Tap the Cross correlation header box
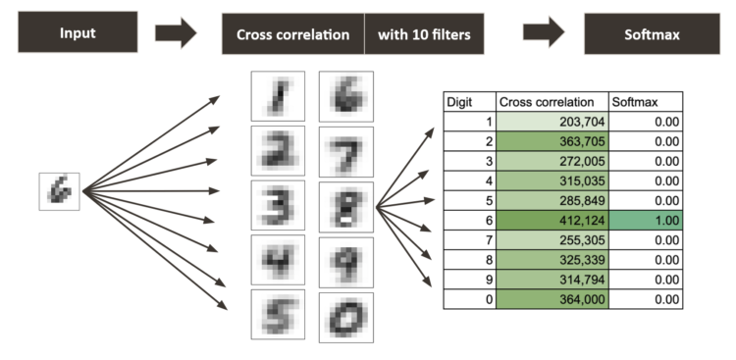click(292, 34)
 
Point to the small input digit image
click(58, 191)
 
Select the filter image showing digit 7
click(343, 151)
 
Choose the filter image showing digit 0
click(343, 315)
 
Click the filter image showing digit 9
click(343, 260)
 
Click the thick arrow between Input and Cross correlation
click(176, 34)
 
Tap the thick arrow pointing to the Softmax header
click(544, 34)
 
